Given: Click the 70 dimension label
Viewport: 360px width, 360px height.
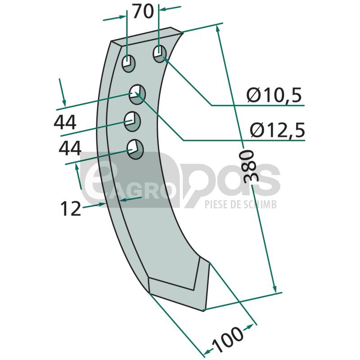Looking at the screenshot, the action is (143, 12).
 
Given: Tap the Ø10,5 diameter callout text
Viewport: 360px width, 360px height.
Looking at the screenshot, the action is (274, 95).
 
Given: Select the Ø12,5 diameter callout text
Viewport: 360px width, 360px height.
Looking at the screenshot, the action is (277, 130).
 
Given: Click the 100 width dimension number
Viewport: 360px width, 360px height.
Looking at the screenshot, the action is (227, 340).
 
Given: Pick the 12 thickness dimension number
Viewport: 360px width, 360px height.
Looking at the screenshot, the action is (71, 208).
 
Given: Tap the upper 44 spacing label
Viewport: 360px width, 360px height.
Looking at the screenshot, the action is (65, 122).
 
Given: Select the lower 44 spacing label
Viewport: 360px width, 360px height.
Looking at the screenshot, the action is (70, 148).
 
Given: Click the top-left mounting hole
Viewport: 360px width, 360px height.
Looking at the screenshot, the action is (129, 63).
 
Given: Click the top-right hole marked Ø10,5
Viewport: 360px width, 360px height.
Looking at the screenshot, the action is (159, 54).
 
